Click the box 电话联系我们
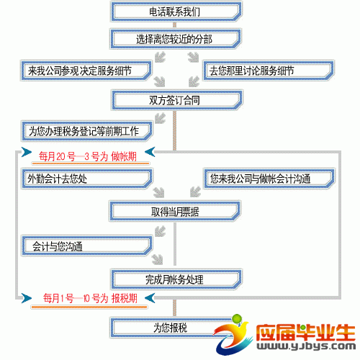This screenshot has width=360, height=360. click(x=176, y=12)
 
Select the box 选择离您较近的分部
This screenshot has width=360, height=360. click(x=176, y=39)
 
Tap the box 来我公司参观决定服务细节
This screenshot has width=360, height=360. click(x=86, y=71)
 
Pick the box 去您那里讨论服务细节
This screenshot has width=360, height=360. click(x=269, y=71)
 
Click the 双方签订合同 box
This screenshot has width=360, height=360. click(x=177, y=100)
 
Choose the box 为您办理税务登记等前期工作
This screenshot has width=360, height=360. click(x=86, y=131)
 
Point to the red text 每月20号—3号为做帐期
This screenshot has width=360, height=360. click(x=88, y=157)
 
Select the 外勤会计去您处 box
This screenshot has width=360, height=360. click(x=86, y=179)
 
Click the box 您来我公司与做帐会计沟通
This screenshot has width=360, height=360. click(x=269, y=179)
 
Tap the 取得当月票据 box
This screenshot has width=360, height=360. click(x=175, y=212)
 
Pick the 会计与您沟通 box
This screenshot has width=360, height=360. click(x=86, y=246)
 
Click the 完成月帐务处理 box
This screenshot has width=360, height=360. click(x=176, y=279)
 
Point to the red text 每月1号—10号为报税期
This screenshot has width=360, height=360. click(x=90, y=298)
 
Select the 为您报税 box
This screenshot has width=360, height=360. click(x=171, y=328)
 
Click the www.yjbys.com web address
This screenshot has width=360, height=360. click(x=306, y=346)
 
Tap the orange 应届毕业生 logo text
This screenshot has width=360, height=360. click(x=306, y=333)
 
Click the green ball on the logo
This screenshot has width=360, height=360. click(x=237, y=319)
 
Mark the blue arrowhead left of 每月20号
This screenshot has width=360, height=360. click(x=27, y=152)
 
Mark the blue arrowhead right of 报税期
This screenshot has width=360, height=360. click(x=150, y=298)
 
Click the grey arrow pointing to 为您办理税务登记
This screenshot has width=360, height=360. click(x=161, y=118)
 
